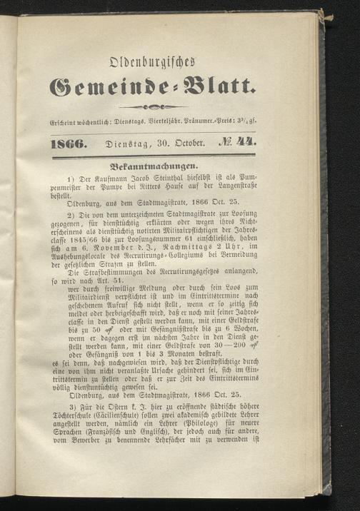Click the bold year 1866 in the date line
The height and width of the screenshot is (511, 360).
coord(71,143)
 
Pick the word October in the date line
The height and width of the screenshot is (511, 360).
coord(188,143)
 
